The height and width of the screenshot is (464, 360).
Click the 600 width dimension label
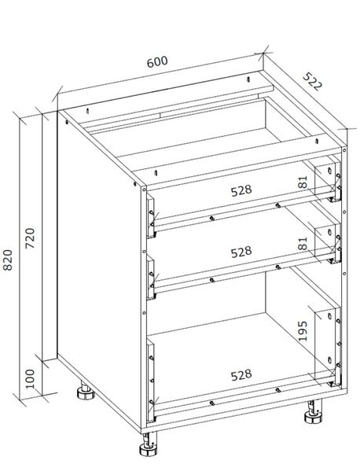157,61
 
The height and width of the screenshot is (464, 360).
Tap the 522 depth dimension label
312,81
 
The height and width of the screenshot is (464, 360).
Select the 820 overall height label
8,260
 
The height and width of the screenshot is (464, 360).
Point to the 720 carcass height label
30,238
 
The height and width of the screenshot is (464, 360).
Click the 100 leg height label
30,379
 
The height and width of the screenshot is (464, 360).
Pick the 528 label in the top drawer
241,190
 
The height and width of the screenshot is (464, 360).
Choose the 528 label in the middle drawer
241,252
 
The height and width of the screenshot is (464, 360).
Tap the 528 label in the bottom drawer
241,375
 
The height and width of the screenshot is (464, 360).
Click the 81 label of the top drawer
303,182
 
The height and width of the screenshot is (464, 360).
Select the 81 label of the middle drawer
303,243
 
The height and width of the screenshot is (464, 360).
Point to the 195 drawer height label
303,331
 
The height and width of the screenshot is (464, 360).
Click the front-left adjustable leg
149,446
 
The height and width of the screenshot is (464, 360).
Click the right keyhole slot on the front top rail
317,141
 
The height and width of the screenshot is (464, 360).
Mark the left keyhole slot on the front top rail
156,172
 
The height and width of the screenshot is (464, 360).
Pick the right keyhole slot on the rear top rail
248,79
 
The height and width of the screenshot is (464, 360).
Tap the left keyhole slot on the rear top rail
88,111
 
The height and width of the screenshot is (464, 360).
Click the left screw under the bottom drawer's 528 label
211,403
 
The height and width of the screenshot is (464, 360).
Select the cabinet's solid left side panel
99,269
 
